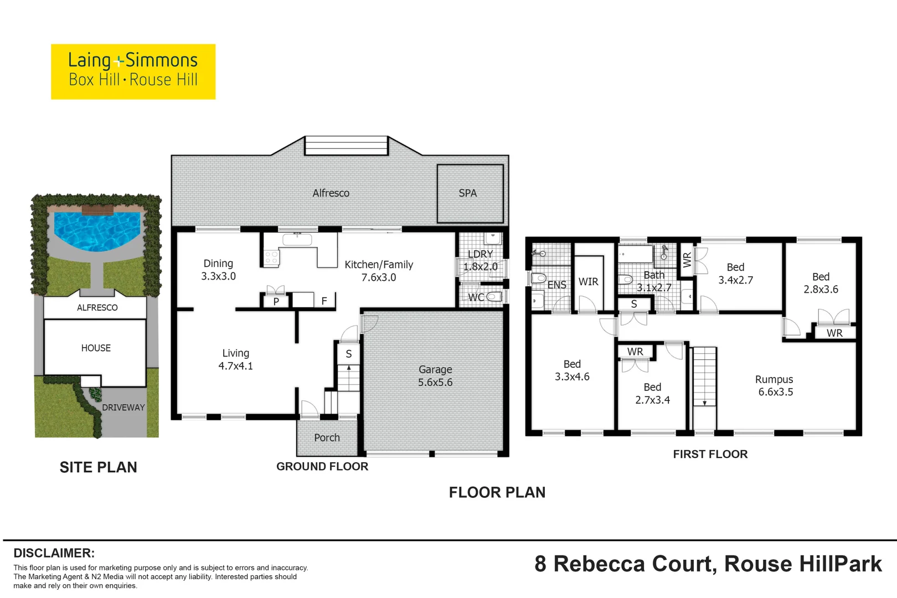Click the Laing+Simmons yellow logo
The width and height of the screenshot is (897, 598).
(x=133, y=71)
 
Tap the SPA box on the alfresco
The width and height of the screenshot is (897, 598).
(x=470, y=193)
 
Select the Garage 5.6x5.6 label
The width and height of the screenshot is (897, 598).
(x=435, y=376)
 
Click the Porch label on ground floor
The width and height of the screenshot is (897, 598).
(x=327, y=437)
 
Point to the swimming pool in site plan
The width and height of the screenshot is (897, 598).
(x=96, y=230)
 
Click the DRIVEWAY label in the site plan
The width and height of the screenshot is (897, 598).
(x=123, y=408)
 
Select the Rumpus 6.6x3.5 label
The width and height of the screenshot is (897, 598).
(x=775, y=385)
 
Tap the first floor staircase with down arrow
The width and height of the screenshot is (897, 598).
(x=704, y=377)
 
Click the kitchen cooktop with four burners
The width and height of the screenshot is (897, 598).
(x=271, y=257)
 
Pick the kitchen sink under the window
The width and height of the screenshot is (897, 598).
(x=297, y=240)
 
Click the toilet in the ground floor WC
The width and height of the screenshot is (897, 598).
(x=494, y=297)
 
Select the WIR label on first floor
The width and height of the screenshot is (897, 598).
(x=588, y=282)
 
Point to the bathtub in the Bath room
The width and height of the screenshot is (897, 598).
(x=636, y=255)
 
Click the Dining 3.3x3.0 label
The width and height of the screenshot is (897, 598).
(x=218, y=270)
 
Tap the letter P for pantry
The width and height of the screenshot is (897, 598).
(x=276, y=302)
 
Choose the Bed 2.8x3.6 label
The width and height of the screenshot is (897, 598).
(x=821, y=283)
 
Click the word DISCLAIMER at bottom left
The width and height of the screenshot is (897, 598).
(x=54, y=553)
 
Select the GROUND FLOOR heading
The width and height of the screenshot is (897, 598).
(x=322, y=467)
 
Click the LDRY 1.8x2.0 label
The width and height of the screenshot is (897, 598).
(x=480, y=260)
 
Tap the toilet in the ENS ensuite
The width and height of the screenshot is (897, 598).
(x=538, y=278)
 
